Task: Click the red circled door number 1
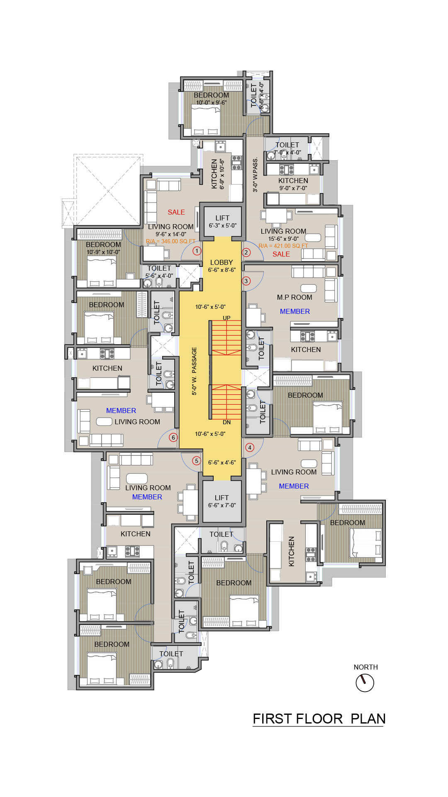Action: point(197,251)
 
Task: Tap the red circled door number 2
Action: point(246,252)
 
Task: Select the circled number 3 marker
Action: point(246,281)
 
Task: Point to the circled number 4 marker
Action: point(250,447)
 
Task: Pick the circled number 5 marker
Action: point(197,460)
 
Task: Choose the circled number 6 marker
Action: point(173,437)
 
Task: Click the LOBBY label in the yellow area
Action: point(222,262)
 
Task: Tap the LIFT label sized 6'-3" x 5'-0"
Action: point(222,218)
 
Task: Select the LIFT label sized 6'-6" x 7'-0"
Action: point(222,498)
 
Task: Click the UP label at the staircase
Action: point(226,318)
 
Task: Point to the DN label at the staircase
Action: point(226,422)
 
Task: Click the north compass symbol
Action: point(365,683)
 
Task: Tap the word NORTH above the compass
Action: point(365,667)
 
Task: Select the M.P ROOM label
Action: point(295,297)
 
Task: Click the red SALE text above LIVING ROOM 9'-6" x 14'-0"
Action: point(176,212)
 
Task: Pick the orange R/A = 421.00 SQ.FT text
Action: point(283,246)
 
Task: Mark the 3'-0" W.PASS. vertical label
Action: point(255,174)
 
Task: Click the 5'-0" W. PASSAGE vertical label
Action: point(194,371)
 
